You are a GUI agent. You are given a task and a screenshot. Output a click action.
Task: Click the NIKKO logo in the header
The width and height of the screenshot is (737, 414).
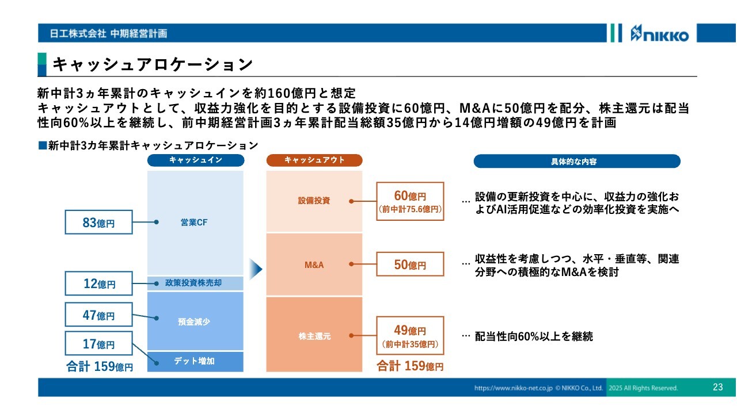(659, 33)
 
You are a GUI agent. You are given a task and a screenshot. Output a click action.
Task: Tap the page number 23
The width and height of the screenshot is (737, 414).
(717, 387)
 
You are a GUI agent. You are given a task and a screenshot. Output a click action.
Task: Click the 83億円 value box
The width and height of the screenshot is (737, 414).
(98, 222)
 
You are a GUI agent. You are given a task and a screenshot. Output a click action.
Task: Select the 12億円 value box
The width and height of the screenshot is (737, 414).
(98, 283)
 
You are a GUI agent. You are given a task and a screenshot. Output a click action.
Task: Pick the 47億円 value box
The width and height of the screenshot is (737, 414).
(98, 315)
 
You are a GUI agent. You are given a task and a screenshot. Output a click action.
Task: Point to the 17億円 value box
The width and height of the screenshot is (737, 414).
(98, 343)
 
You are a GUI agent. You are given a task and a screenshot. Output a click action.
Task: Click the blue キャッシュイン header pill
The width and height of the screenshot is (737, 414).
(196, 160)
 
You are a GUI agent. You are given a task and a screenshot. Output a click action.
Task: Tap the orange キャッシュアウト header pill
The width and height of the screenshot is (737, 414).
(314, 160)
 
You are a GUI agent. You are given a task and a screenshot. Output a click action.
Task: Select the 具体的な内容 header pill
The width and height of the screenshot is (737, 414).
(577, 162)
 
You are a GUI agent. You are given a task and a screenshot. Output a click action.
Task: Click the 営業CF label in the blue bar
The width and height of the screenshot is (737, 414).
(194, 223)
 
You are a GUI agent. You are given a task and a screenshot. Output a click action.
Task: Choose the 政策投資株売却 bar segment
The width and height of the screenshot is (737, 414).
(195, 283)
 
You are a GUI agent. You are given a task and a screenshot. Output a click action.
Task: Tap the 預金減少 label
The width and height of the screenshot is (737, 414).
(194, 321)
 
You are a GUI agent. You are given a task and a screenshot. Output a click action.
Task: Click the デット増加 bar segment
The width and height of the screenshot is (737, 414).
(195, 362)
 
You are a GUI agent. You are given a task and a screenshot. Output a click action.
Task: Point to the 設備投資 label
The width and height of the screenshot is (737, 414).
(314, 201)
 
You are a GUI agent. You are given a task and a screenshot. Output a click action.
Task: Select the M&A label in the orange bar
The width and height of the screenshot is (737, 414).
(314, 265)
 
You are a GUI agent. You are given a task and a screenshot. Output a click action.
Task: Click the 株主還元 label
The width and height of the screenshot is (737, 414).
(314, 336)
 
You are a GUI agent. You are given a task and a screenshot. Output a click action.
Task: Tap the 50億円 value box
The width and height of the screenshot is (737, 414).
(410, 264)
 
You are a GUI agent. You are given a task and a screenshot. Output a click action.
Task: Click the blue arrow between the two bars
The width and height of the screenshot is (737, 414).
(256, 269)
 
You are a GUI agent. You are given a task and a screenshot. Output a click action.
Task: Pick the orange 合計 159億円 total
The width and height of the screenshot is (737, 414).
(410, 366)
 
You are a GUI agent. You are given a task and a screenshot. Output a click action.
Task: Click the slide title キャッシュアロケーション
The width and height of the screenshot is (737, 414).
(153, 64)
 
